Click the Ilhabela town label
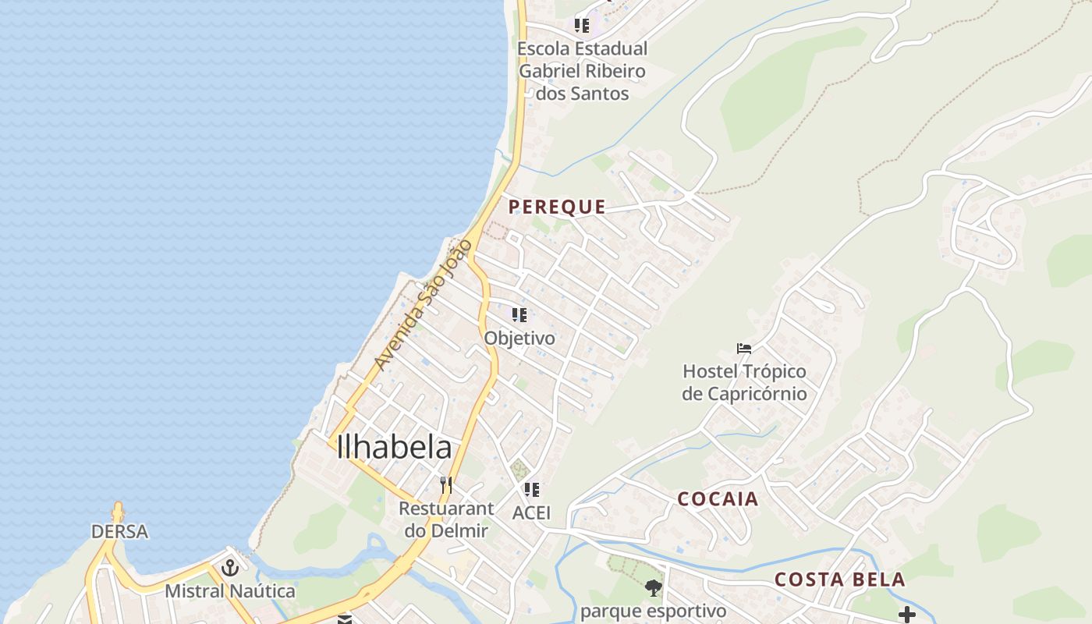394,448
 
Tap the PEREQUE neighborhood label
557,207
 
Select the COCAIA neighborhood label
718,499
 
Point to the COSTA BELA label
840,580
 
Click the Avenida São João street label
423,305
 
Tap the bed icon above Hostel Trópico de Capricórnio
744,348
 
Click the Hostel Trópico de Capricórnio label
744,382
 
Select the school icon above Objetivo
519,315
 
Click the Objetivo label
519,339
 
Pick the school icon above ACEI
532,490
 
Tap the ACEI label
531,512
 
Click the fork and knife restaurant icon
445,485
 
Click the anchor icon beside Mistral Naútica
229,567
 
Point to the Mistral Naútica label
230,590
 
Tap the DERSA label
119,532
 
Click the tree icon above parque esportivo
654,588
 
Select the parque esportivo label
653,611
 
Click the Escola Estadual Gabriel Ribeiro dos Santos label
583,71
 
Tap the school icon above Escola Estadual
582,26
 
